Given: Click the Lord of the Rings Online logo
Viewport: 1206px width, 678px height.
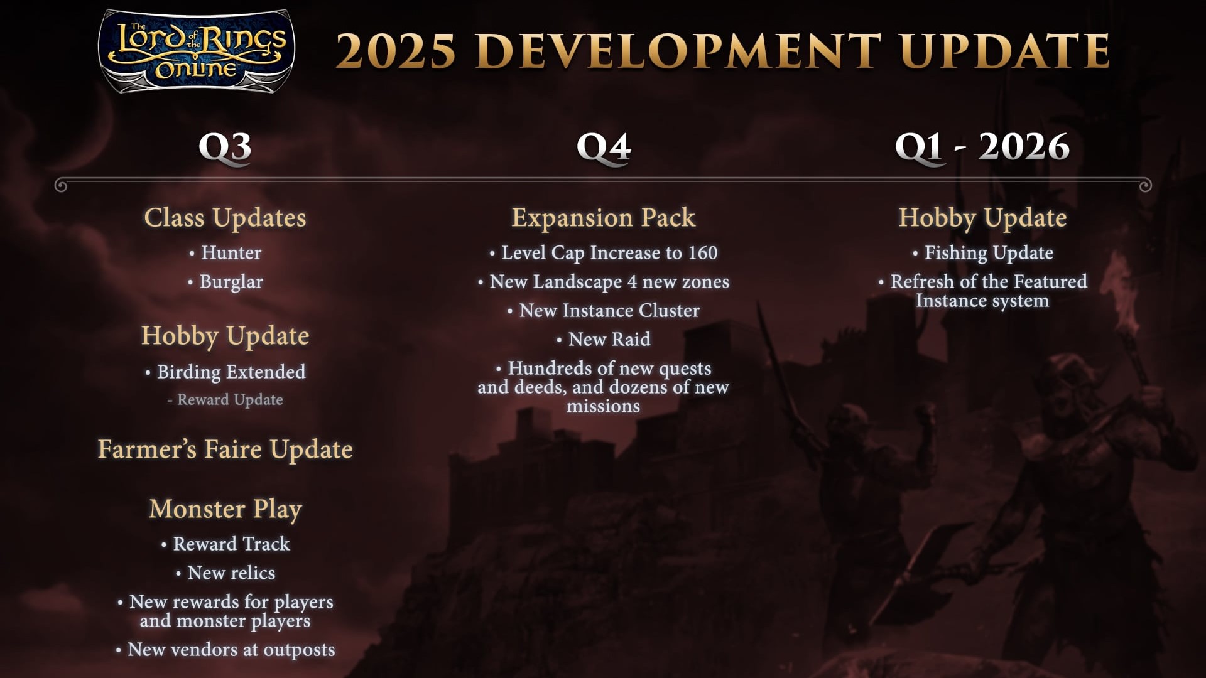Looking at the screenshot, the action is point(197,51).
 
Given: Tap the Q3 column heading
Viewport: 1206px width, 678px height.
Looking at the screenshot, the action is point(225,148).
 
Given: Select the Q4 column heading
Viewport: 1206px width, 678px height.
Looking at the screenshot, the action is point(604,148).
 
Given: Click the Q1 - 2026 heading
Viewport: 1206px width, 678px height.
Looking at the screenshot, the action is point(982,147).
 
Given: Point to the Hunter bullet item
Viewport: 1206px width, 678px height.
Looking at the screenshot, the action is point(225,252).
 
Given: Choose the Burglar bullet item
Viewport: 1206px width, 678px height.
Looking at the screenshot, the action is point(225,282).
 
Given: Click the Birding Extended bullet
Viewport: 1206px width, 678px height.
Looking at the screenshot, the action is point(225,372).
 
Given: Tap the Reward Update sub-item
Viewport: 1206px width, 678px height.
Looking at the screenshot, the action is point(225,400).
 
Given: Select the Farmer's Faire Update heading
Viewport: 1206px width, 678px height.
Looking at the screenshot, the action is point(225,449).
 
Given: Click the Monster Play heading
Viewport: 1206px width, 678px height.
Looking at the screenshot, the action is point(225,509).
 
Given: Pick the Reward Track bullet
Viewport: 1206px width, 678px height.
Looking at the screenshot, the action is point(225,544).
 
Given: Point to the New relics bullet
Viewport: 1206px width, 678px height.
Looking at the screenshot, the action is point(225,573).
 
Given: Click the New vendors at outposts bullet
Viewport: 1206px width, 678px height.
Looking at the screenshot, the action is point(225,650).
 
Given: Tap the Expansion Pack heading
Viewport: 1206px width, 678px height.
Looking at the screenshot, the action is point(604,218).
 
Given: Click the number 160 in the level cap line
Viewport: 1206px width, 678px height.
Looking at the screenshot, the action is point(702,252).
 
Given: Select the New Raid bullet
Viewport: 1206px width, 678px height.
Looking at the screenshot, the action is point(604,339).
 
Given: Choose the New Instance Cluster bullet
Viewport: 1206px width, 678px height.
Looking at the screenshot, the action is point(604,310).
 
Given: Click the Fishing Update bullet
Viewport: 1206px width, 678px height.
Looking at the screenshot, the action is point(983,253).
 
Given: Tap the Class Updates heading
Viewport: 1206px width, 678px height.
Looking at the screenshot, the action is point(225,218).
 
